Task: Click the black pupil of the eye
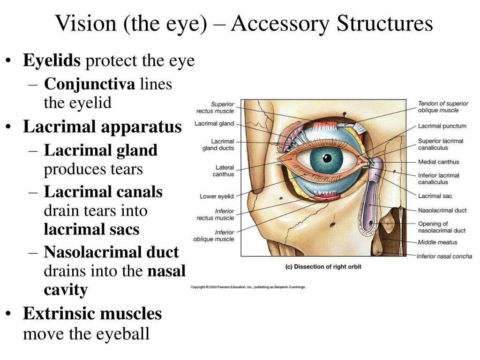[327, 158]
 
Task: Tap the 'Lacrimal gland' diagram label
[214, 124]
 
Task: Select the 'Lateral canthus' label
[224, 171]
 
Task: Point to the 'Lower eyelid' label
[217, 196]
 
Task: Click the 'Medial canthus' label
[439, 162]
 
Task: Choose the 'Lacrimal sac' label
[435, 196]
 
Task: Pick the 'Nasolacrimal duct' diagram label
[442, 210]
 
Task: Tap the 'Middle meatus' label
[437, 242]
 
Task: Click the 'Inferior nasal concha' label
[444, 256]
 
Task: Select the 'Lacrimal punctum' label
[442, 126]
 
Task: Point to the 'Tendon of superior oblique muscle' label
[443, 107]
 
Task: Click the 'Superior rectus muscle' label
[215, 108]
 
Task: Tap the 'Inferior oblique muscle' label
[214, 236]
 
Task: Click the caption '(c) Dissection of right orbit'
[323, 267]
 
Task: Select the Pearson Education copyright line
[248, 287]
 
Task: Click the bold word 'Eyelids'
[52, 60]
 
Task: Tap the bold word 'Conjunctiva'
[90, 84]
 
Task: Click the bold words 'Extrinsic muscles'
[92, 314]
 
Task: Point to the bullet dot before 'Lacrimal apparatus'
[9, 127]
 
